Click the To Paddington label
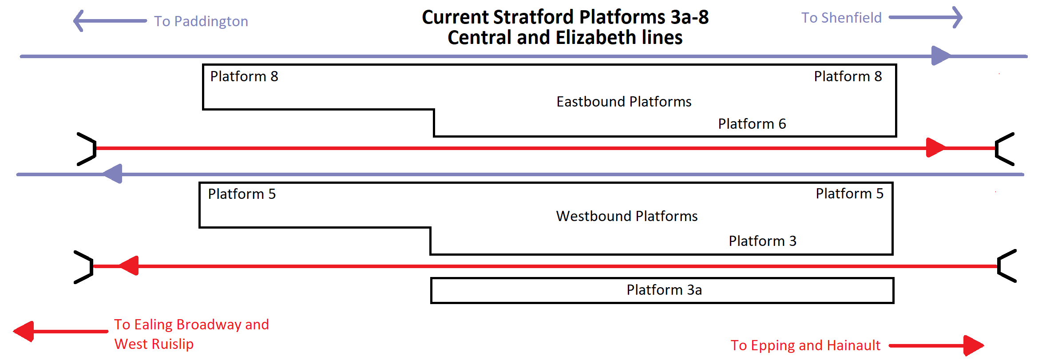point(201,21)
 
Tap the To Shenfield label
point(841,18)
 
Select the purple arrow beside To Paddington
point(110,21)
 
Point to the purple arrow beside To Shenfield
point(926,18)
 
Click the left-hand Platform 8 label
point(244,76)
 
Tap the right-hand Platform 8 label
point(848,76)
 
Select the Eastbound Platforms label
point(624,102)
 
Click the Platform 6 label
point(752,124)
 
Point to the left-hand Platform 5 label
point(242,194)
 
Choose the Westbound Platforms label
point(627,216)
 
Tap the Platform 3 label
point(763,241)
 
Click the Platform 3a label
point(664,290)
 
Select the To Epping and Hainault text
point(805,345)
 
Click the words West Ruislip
point(154,344)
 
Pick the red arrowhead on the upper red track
point(936,148)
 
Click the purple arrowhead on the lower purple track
point(112,174)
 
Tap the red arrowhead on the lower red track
point(129,266)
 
